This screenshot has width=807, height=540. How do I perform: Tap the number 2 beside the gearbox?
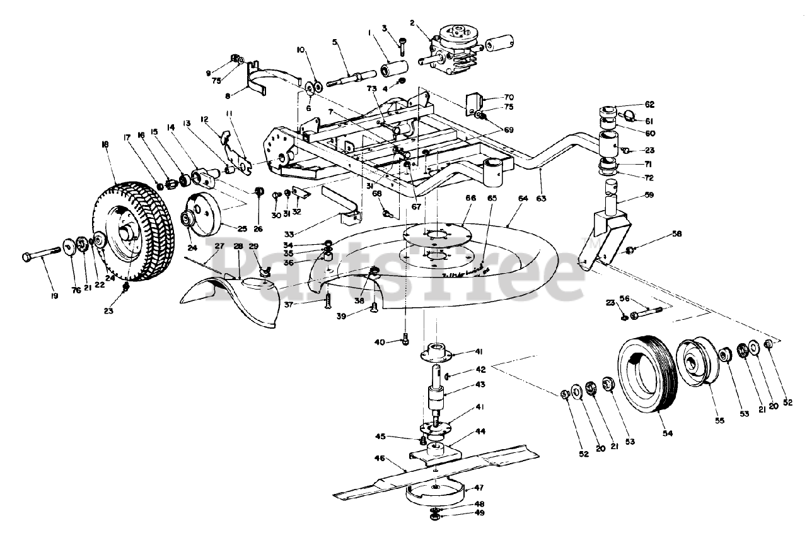[x=412, y=24]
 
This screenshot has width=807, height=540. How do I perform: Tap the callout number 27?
[x=219, y=245]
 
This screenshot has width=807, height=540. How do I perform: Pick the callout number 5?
[x=335, y=43]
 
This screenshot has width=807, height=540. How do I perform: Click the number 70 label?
[x=509, y=97]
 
